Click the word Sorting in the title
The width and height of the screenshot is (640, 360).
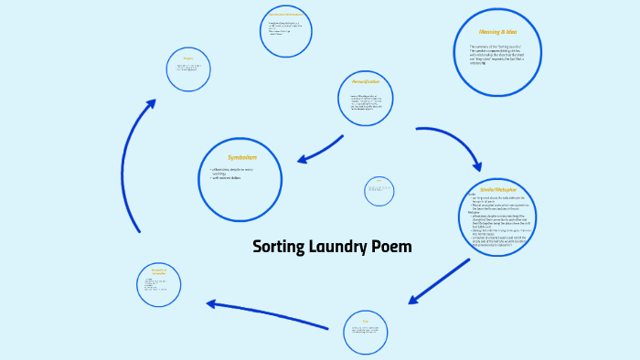(x=280, y=247)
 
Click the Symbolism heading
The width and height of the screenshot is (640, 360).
(x=241, y=157)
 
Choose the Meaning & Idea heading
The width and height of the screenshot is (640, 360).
(x=497, y=32)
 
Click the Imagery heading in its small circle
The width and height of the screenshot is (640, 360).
(x=187, y=58)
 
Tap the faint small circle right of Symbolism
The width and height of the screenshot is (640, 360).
(x=379, y=191)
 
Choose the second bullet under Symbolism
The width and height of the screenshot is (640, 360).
(x=229, y=177)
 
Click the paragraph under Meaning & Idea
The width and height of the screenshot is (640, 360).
(x=498, y=54)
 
